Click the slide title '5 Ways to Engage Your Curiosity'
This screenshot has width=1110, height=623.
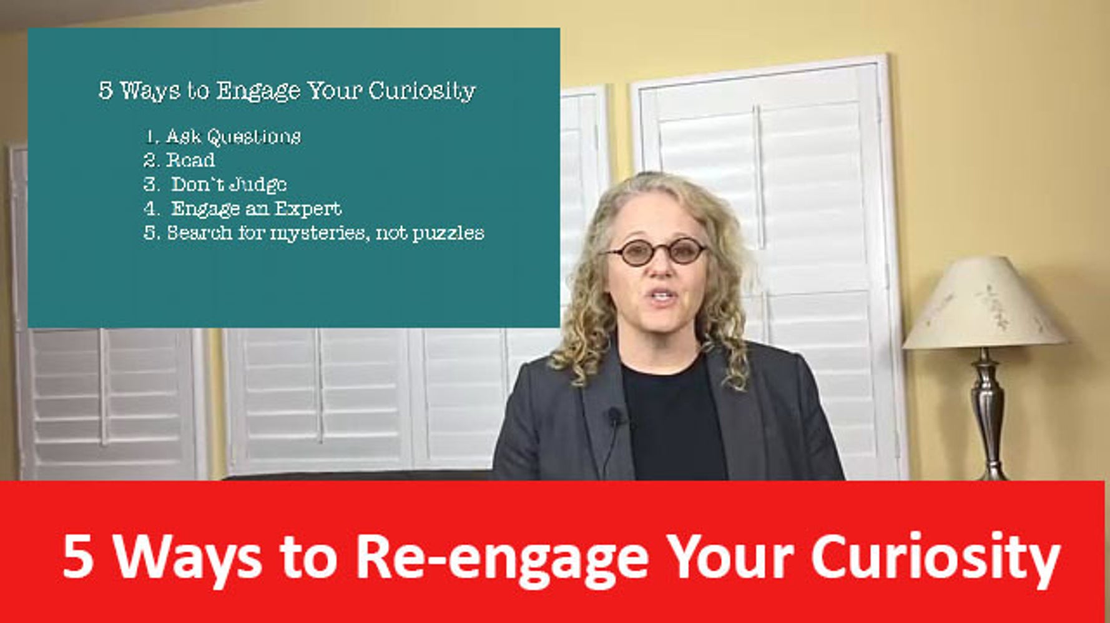pyautogui.click(x=287, y=91)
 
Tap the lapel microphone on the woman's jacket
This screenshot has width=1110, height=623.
pyautogui.click(x=615, y=415)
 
